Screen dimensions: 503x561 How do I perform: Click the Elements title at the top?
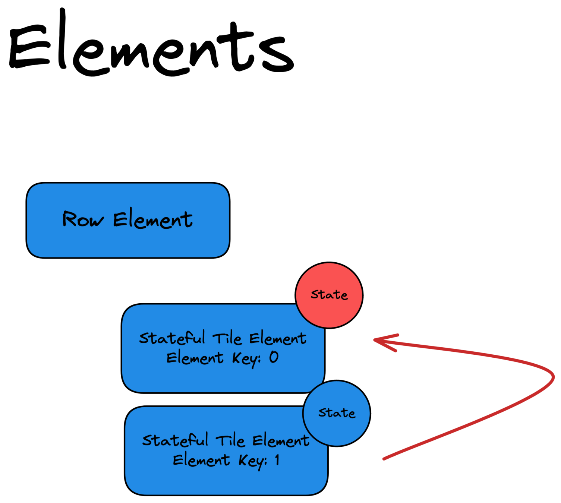pos(151,45)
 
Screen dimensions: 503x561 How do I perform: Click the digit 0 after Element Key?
pos(274,357)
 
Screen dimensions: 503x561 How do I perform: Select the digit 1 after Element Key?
pos(277,460)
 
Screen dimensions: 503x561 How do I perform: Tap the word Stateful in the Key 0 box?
pos(172,338)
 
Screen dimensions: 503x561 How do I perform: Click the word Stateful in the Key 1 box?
pos(175,440)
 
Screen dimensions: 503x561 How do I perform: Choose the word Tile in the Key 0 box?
pos(227,338)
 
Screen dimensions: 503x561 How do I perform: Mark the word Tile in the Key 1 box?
pos(230,441)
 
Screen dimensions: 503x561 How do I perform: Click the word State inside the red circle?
pos(329,295)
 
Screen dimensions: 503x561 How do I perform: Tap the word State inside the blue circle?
pos(337,413)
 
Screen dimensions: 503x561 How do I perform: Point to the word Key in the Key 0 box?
pos(246,358)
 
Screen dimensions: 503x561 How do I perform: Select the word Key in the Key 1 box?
pos(252,461)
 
